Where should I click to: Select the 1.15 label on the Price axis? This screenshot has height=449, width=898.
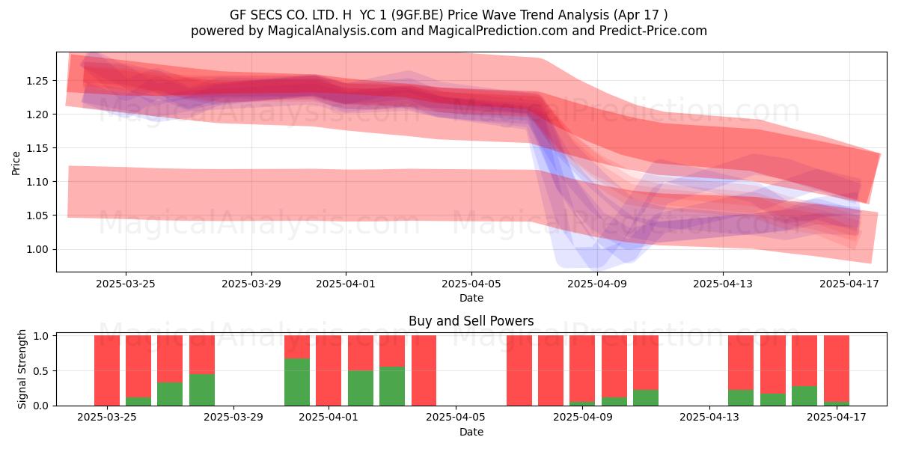point(37,148)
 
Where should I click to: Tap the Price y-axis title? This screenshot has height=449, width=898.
point(16,163)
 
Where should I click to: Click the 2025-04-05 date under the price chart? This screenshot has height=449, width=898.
point(471,284)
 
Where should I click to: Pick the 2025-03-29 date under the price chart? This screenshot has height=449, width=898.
point(251,284)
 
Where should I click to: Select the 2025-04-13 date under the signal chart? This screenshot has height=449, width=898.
point(709,418)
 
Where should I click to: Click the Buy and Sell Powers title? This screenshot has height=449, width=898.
point(471,321)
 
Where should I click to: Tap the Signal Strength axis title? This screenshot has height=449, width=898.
point(22,369)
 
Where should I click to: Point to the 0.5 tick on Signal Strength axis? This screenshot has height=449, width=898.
point(40,371)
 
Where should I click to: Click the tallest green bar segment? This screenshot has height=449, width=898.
point(297,382)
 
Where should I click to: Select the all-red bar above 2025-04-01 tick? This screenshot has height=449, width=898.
point(329,370)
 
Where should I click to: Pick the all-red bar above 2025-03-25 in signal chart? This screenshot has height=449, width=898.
point(107,370)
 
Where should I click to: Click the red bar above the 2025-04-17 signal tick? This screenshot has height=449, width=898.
point(837,369)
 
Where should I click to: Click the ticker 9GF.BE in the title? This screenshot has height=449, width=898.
point(418,15)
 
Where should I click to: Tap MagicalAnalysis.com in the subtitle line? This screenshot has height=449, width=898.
point(332,31)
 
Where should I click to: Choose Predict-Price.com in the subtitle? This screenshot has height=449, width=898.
point(653,31)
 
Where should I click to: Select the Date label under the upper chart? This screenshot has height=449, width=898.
point(471,299)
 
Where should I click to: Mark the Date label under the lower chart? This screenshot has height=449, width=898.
point(471,433)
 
